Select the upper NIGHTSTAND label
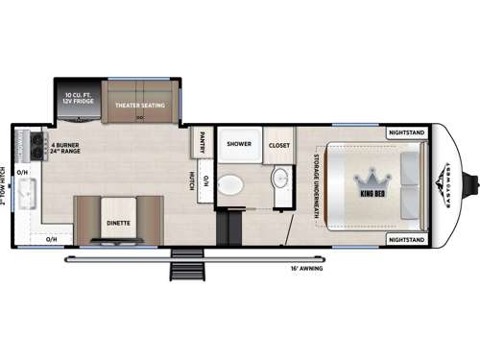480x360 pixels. pyautogui.click(x=407, y=132)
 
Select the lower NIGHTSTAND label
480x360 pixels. pyautogui.click(x=407, y=238)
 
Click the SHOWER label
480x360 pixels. pyautogui.click(x=239, y=145)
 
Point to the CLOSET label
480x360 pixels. pyautogui.click(x=279, y=145)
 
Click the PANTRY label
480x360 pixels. pyautogui.click(x=203, y=142)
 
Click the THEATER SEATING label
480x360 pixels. pyautogui.click(x=140, y=104)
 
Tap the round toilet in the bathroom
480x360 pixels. pyautogui.click(x=229, y=184)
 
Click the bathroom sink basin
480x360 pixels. pyautogui.click(x=279, y=178)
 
